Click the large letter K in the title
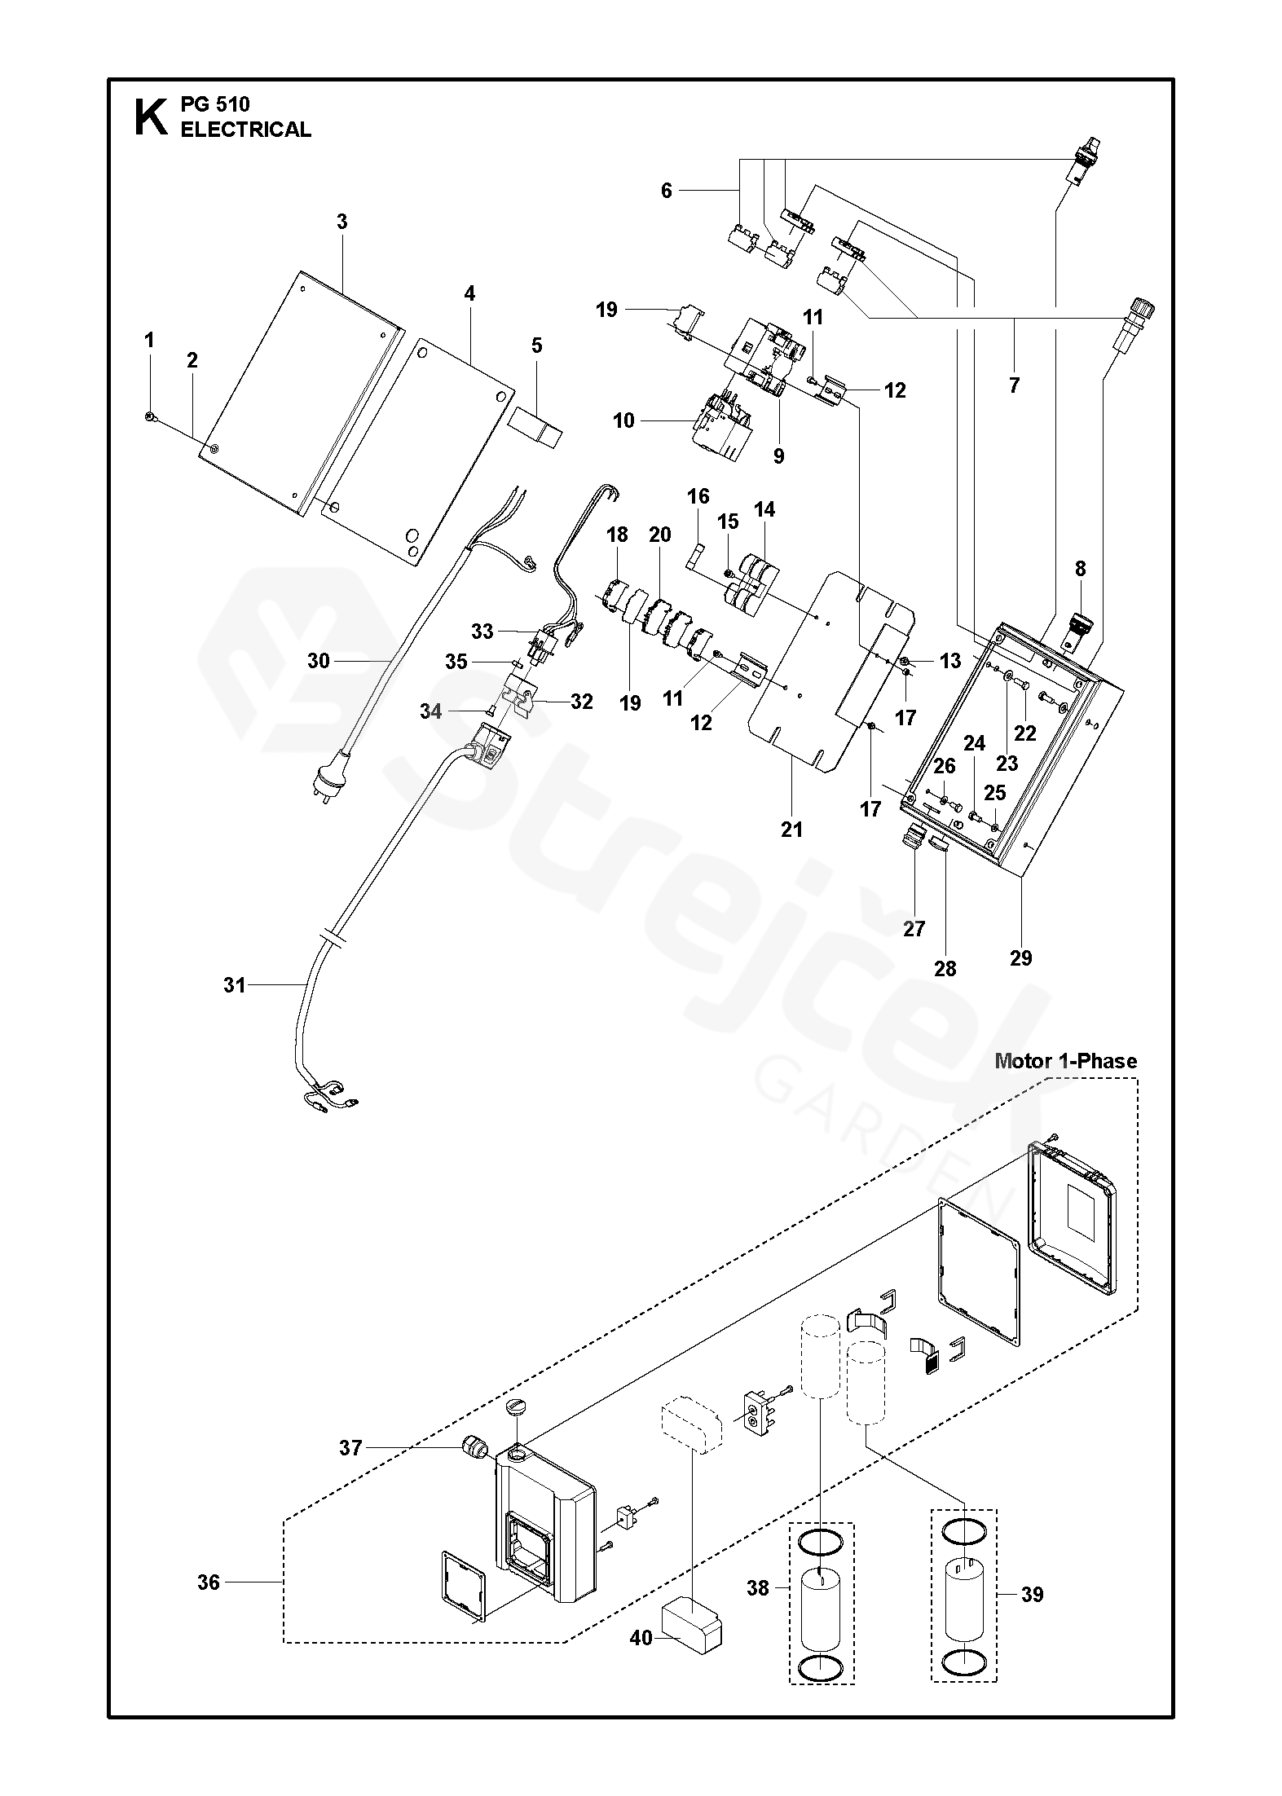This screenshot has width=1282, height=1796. tap(148, 117)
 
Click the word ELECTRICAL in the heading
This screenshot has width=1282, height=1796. tap(245, 130)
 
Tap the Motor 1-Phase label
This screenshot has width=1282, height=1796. tap(1065, 1061)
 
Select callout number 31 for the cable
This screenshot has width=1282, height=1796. tap(235, 985)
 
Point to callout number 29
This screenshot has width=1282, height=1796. tap(1020, 958)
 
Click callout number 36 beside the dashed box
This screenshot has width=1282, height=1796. tap(209, 1583)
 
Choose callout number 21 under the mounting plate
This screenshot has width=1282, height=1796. tap(791, 830)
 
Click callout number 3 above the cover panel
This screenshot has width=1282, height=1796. tap(341, 222)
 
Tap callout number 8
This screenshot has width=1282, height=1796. tap(1080, 569)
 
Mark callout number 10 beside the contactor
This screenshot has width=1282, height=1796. tap(623, 420)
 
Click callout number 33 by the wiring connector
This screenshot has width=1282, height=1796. tap(482, 631)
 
